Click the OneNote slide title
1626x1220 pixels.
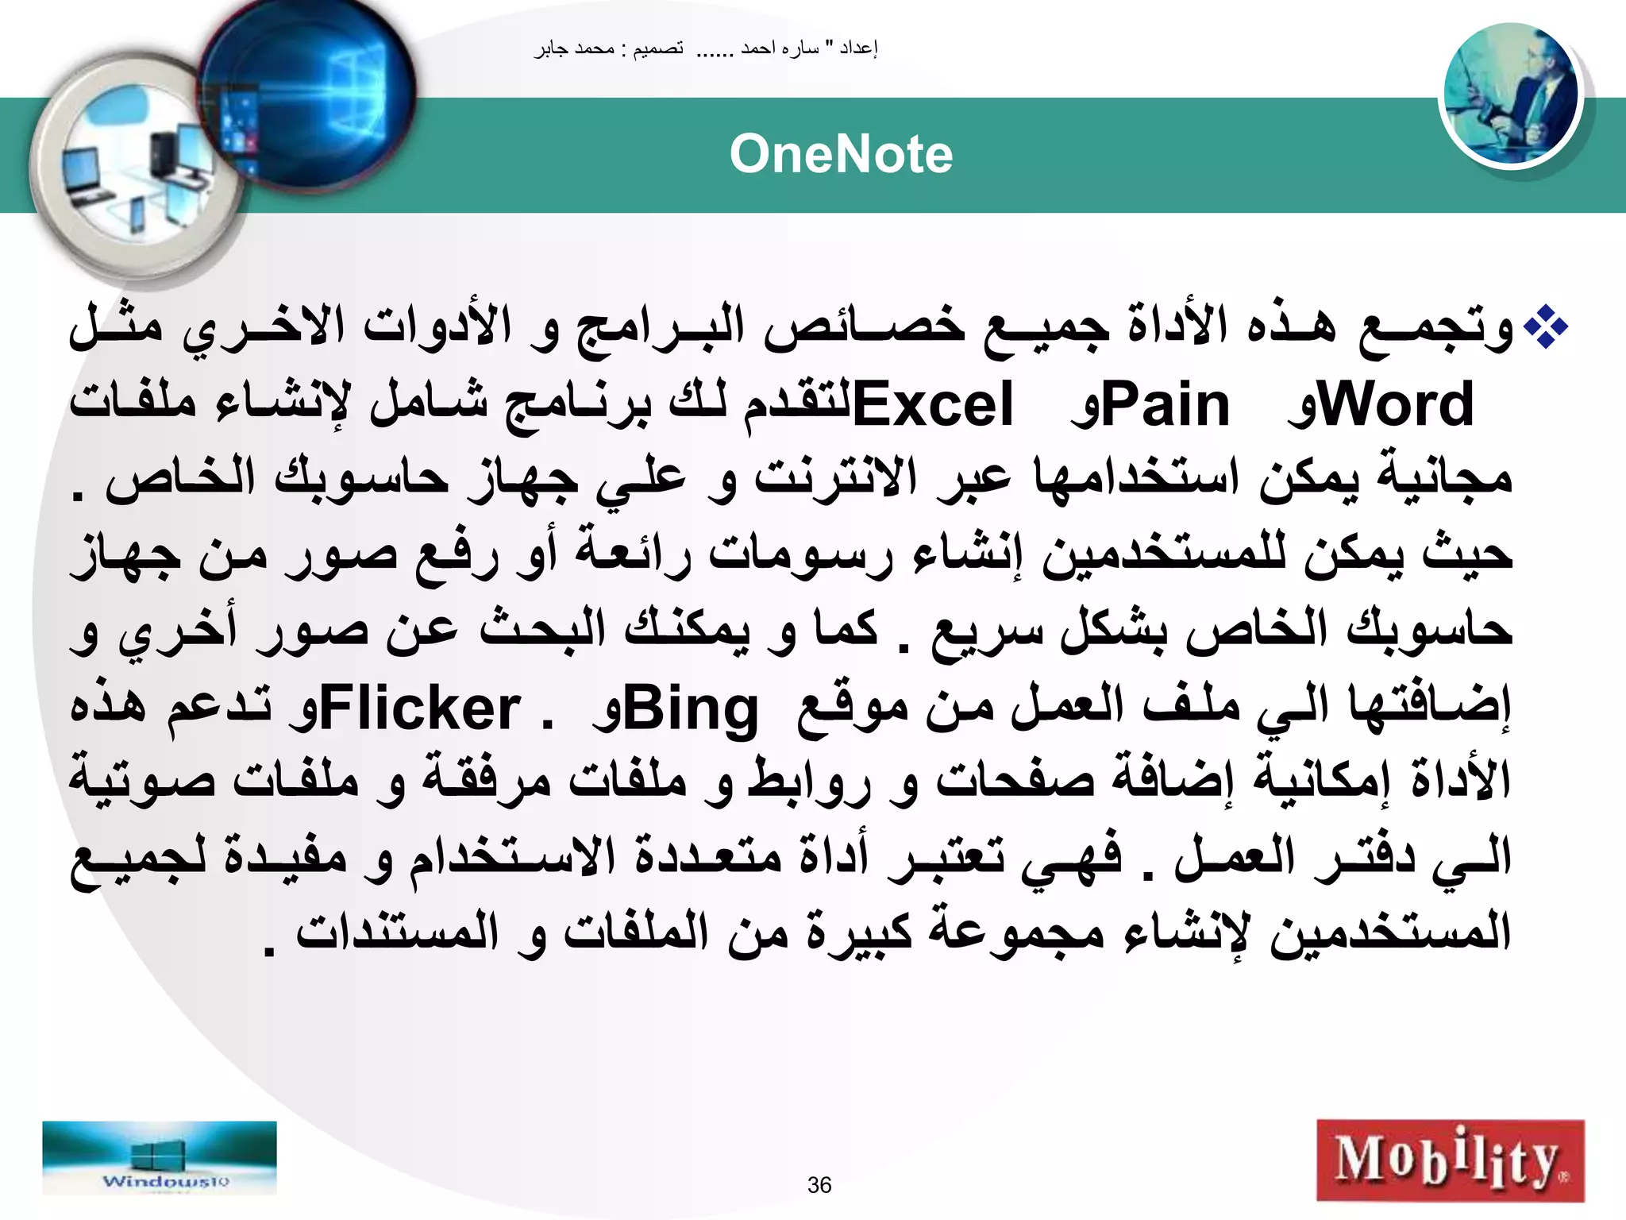tap(841, 154)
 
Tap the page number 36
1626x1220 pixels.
tap(819, 1185)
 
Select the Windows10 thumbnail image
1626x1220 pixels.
tap(160, 1158)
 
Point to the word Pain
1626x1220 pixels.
tap(1166, 404)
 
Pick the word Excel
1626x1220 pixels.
tap(933, 404)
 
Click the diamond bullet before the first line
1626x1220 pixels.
tap(1545, 328)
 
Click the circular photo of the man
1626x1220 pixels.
tap(1510, 95)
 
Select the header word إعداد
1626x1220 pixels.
tap(858, 49)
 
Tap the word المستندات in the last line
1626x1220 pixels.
tap(397, 934)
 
